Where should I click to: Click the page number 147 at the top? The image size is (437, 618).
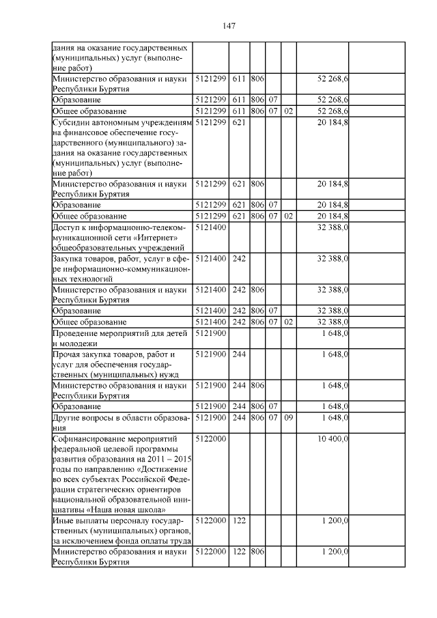(x=229, y=25)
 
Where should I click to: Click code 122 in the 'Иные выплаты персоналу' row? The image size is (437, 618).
(x=239, y=520)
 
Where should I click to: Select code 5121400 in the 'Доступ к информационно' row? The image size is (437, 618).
(x=210, y=227)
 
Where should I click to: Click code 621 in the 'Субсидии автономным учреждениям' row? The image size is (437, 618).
(x=239, y=122)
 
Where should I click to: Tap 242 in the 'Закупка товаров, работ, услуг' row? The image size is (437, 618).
(x=239, y=259)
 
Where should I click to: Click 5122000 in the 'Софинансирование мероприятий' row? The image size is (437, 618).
(x=210, y=437)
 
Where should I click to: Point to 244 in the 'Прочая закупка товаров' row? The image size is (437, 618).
(x=239, y=354)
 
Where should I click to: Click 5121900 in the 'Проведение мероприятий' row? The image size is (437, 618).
(x=210, y=333)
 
